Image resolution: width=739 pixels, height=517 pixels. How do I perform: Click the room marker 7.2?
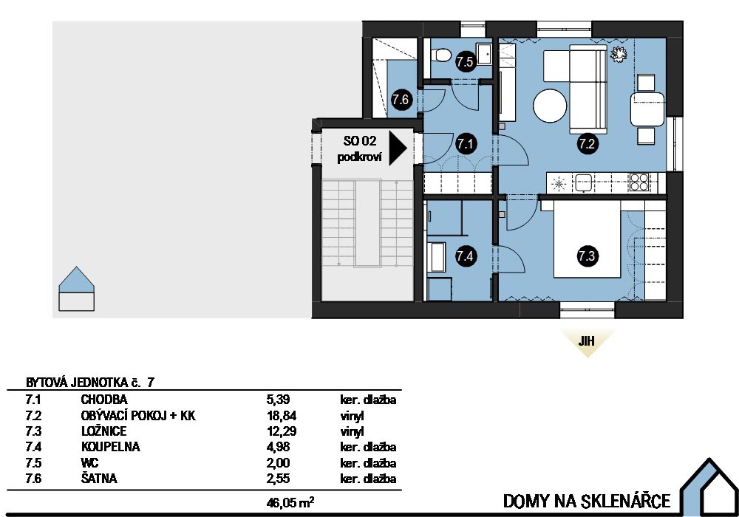pyautogui.click(x=587, y=143)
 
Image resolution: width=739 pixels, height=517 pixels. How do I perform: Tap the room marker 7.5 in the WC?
pyautogui.click(x=465, y=62)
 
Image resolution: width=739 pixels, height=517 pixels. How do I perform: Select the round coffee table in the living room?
pyautogui.click(x=550, y=106)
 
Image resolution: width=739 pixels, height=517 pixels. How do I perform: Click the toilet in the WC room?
pyautogui.click(x=442, y=55)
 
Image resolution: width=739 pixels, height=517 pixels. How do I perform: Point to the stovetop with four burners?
pyautogui.click(x=639, y=182)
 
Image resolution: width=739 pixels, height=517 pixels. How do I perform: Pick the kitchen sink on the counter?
pyautogui.click(x=583, y=182)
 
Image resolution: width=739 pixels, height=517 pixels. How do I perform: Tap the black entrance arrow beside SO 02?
pyautogui.click(x=398, y=148)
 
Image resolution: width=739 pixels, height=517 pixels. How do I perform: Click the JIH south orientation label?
pyautogui.click(x=586, y=341)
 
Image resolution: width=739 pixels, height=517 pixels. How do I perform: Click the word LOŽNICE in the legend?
pyautogui.click(x=103, y=431)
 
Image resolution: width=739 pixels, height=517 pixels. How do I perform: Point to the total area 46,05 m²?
pyautogui.click(x=290, y=502)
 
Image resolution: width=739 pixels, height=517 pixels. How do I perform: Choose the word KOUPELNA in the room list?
pyautogui.click(x=111, y=447)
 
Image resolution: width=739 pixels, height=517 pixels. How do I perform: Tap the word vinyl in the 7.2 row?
pyautogui.click(x=352, y=417)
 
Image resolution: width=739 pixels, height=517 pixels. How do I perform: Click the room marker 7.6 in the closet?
pyautogui.click(x=401, y=100)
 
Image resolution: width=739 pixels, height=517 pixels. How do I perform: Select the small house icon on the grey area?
pyautogui.click(x=76, y=289)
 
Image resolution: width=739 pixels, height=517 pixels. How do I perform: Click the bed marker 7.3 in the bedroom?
pyautogui.click(x=587, y=256)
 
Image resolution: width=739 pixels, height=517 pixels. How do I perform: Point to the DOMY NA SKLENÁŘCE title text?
pyautogui.click(x=587, y=501)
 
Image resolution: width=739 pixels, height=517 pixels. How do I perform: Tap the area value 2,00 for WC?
pyautogui.click(x=278, y=463)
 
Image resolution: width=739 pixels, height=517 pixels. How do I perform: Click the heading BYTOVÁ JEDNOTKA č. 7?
pyautogui.click(x=90, y=382)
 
